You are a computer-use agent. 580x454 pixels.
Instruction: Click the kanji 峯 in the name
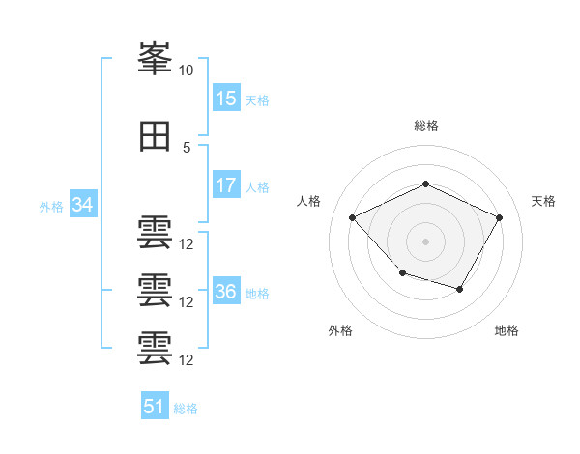(x=155, y=58)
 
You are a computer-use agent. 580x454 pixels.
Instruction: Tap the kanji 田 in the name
(x=155, y=136)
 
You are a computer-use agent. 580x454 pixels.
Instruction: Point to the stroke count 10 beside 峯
(x=186, y=71)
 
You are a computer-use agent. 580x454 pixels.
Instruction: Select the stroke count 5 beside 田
(x=187, y=148)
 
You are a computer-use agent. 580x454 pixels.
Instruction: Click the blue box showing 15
(x=227, y=98)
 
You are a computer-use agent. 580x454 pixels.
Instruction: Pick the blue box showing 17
(x=227, y=184)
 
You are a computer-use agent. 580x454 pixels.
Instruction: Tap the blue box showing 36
(x=227, y=290)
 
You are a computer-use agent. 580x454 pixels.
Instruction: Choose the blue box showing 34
(x=83, y=204)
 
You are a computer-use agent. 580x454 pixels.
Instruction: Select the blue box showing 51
(x=155, y=405)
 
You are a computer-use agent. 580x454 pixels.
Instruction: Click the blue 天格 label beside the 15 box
(x=257, y=100)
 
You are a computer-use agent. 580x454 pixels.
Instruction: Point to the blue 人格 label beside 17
(x=257, y=187)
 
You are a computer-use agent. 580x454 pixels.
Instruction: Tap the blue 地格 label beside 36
(x=257, y=294)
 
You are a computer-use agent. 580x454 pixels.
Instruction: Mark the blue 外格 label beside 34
(x=51, y=207)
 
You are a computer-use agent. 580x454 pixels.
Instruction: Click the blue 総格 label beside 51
(x=186, y=409)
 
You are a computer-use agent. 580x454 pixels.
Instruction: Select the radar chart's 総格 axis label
(x=426, y=126)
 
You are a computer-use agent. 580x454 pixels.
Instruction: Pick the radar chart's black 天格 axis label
(x=543, y=201)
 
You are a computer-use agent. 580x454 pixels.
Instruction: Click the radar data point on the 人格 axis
(x=353, y=217)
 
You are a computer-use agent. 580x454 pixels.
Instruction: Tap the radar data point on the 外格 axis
(x=403, y=273)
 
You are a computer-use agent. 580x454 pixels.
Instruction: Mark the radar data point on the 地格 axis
(x=460, y=289)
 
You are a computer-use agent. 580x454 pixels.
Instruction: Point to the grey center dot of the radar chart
(x=425, y=241)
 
